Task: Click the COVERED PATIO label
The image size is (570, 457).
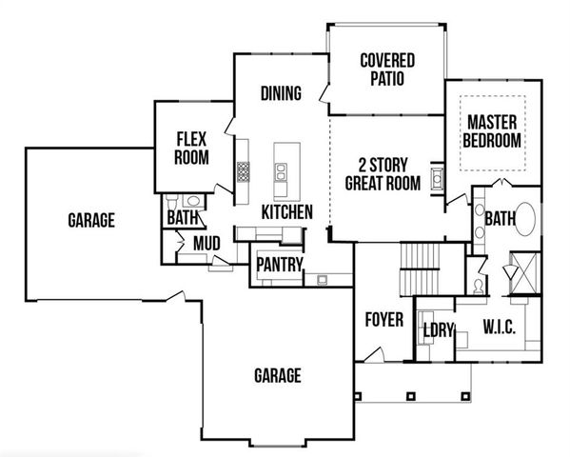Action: click(x=386, y=70)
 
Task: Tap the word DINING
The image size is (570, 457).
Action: click(x=281, y=93)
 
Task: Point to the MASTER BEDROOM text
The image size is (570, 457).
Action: click(x=491, y=131)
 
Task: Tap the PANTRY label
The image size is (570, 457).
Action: click(x=278, y=264)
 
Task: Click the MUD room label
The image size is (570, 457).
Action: click(x=206, y=244)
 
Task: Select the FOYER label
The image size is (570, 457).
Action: click(x=384, y=319)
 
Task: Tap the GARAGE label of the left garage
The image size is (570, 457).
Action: click(x=91, y=221)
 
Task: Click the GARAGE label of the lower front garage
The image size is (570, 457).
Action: click(x=277, y=374)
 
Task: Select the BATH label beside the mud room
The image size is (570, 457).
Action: click(x=181, y=218)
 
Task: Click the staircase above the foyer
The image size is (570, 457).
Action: click(x=420, y=268)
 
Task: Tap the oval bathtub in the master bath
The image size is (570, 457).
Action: click(x=526, y=221)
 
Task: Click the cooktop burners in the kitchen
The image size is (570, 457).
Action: click(x=244, y=172)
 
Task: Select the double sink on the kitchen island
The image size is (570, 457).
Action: click(x=283, y=171)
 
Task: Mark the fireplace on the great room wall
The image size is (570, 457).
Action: click(x=438, y=178)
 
